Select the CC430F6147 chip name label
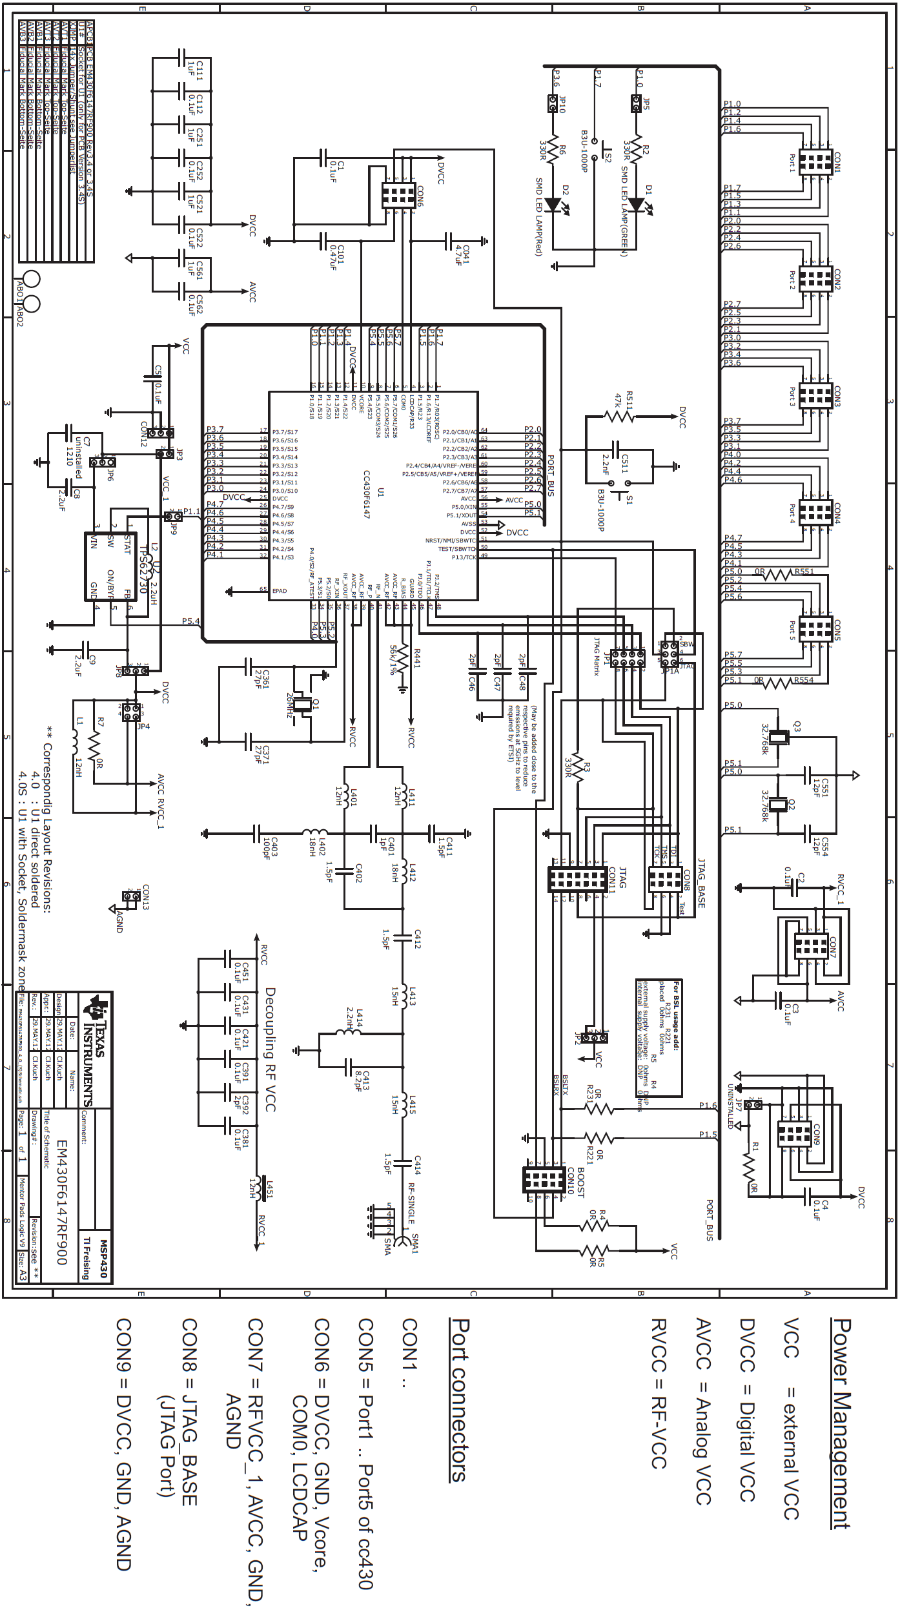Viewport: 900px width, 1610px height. [366, 494]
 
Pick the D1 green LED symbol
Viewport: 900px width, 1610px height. [637, 205]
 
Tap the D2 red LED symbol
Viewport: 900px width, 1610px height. [553, 205]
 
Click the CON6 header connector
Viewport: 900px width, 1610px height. [398, 194]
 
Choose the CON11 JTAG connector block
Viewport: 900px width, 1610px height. [577, 880]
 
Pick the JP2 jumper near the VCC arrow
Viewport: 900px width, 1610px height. [594, 1037]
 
